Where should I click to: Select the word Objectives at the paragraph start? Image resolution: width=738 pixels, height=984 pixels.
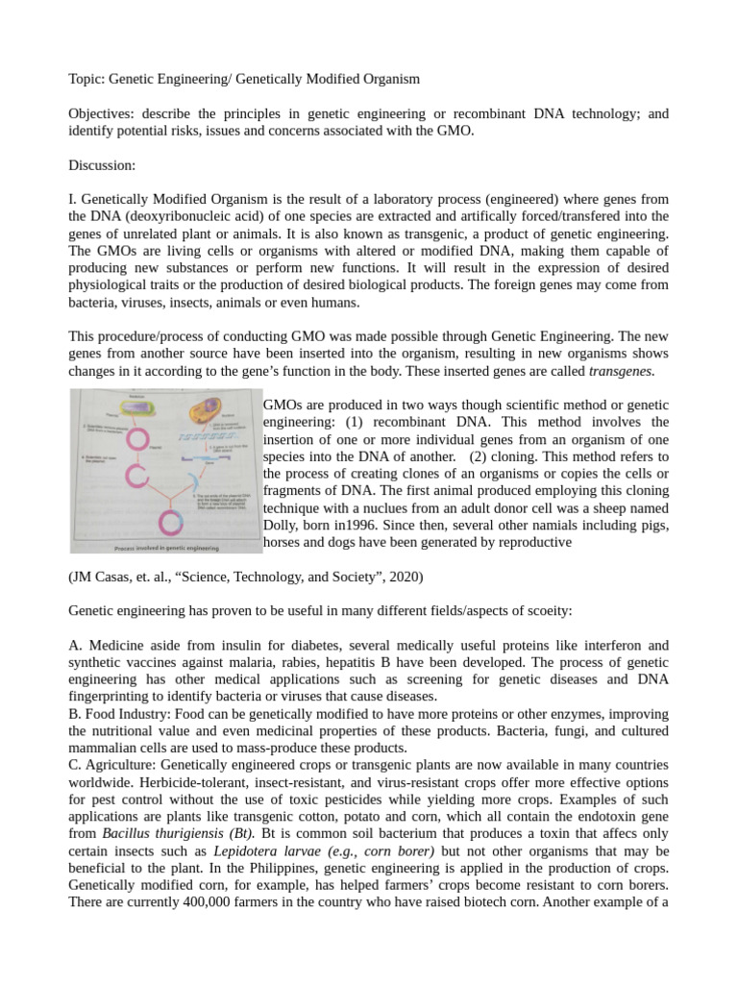(100, 113)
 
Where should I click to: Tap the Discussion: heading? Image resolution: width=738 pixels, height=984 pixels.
(102, 165)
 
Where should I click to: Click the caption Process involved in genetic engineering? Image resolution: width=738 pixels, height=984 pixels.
(166, 548)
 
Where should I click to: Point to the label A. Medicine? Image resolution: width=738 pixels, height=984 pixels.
(107, 646)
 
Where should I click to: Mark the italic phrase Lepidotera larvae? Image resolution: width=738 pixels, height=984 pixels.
(258, 851)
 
